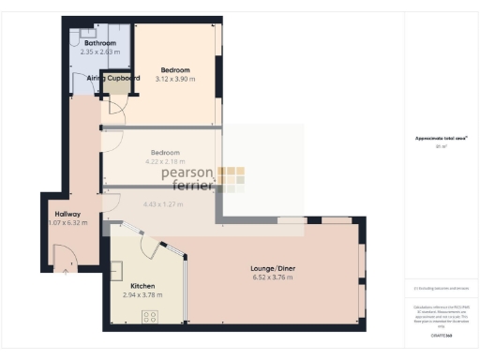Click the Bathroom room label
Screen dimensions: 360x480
tap(99, 43)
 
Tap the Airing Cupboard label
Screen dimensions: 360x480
tap(113, 79)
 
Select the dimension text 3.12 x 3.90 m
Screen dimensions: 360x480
tap(174, 80)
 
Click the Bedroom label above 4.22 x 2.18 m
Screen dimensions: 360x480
tap(165, 152)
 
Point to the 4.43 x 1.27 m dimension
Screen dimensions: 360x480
tap(161, 203)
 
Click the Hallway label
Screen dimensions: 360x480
tap(67, 214)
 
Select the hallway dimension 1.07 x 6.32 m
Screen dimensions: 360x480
tap(68, 223)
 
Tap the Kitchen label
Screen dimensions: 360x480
tap(142, 286)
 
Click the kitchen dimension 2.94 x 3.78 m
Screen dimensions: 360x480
tap(142, 295)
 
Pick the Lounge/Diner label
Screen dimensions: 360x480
tap(274, 268)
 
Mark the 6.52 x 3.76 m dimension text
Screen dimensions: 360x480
tap(274, 277)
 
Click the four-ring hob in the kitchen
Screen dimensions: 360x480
tap(151, 316)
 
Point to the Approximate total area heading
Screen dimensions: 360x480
tap(441, 139)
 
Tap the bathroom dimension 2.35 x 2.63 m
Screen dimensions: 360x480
tap(99, 52)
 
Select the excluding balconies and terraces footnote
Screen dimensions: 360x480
tap(441, 288)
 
